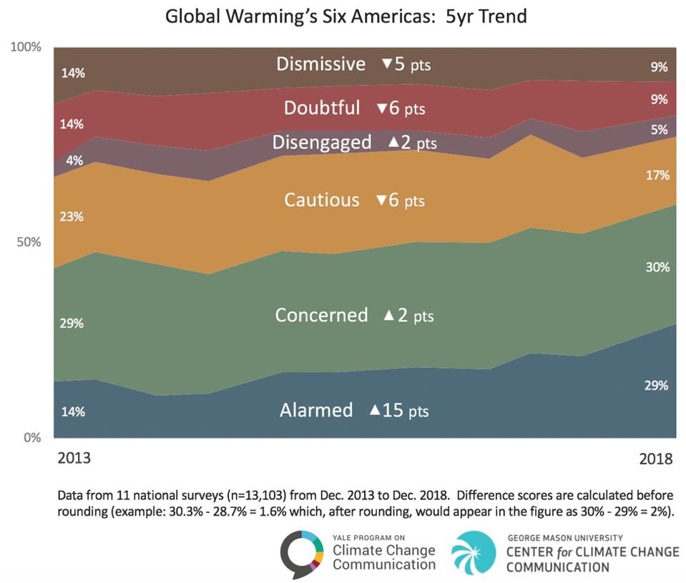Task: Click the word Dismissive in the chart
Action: [320, 64]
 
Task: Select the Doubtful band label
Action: [322, 108]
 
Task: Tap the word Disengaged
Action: [321, 142]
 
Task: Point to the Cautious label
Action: [322, 200]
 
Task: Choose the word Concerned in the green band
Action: [321, 315]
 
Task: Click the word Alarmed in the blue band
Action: [316, 410]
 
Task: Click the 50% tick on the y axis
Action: [29, 242]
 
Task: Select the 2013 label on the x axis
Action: [74, 458]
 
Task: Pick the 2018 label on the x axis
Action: [655, 458]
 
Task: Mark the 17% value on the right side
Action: [658, 175]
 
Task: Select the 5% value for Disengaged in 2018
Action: [660, 130]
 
